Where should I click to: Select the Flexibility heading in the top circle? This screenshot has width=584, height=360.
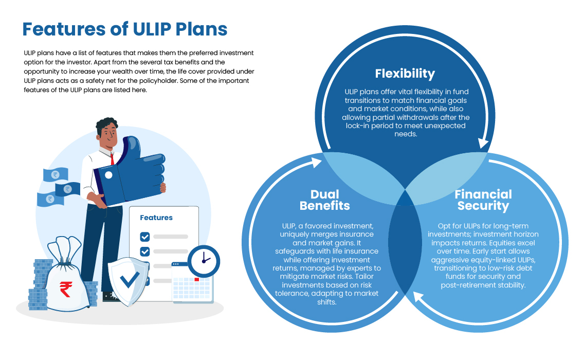pyautogui.click(x=405, y=73)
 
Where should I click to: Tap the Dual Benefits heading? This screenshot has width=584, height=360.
pyautogui.click(x=324, y=200)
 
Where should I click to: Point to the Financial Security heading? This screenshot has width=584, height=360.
pyautogui.click(x=483, y=200)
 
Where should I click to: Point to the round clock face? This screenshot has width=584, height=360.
pyautogui.click(x=204, y=260)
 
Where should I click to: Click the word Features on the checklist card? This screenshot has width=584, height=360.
pyautogui.click(x=156, y=218)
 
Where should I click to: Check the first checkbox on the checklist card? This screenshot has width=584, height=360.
pyautogui.click(x=145, y=237)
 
